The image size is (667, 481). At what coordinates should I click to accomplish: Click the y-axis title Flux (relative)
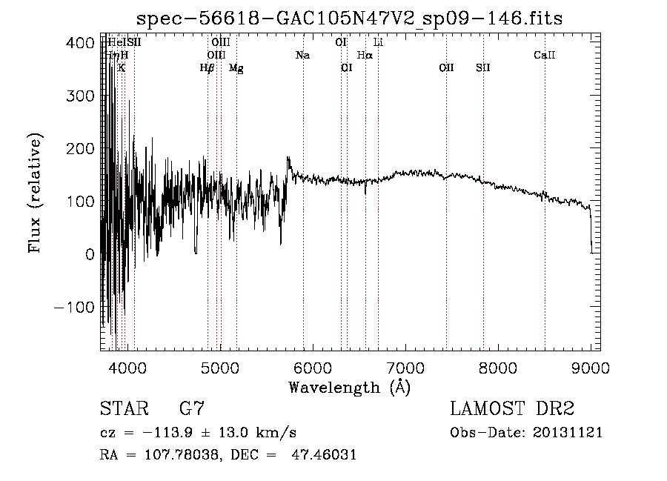tap(35, 193)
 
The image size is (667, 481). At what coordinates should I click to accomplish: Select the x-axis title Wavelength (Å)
tap(349, 387)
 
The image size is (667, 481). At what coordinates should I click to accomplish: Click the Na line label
tap(302, 56)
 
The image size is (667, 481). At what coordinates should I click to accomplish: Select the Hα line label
tap(365, 56)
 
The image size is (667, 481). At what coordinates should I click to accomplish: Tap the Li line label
tap(378, 43)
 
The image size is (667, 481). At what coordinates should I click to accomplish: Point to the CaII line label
tap(545, 56)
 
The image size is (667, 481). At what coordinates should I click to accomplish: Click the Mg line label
tap(236, 68)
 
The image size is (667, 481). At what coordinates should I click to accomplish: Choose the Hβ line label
tap(207, 68)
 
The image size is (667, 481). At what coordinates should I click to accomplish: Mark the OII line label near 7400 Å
tap(446, 68)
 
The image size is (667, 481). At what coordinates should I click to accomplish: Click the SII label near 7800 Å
tap(483, 68)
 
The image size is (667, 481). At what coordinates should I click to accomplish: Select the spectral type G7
tap(192, 409)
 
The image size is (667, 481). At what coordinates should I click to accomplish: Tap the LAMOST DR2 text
tap(512, 409)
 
